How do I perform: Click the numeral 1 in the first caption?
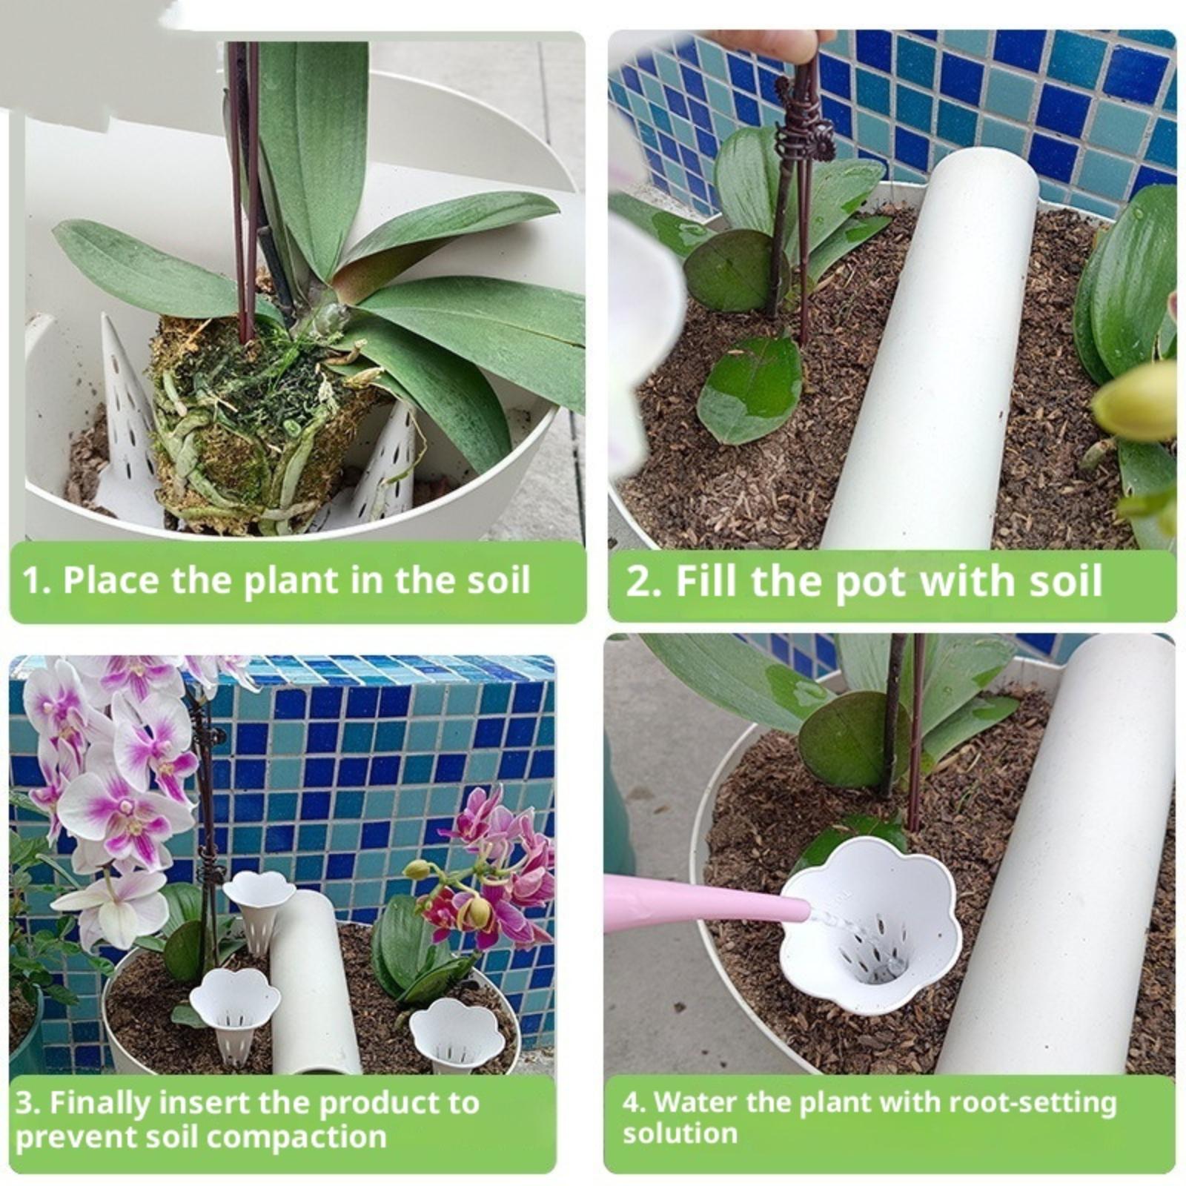pyautogui.click(x=30, y=580)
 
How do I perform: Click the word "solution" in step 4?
pyautogui.click(x=680, y=1134)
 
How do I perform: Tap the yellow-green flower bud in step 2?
pyautogui.click(x=1134, y=400)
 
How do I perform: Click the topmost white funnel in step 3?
pyautogui.click(x=259, y=908)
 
